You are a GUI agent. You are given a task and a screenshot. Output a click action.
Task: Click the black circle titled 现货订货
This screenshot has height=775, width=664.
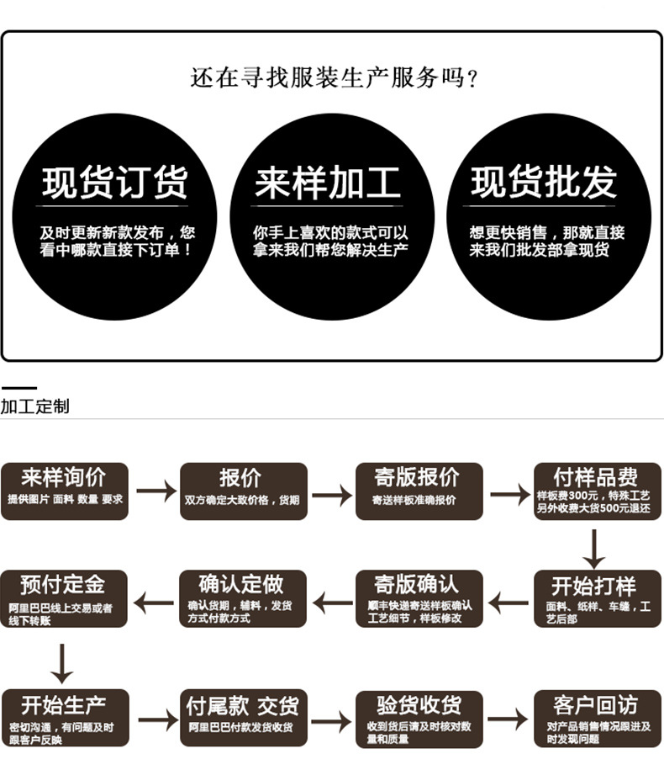click(x=115, y=217)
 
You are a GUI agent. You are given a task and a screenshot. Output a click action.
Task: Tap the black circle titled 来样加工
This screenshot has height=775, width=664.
click(x=332, y=217)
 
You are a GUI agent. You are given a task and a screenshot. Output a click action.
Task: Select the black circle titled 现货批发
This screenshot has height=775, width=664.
click(x=549, y=217)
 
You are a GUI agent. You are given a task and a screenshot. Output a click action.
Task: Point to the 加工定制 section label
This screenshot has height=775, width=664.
click(x=35, y=406)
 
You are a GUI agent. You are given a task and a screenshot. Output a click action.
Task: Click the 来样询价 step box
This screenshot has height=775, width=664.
click(x=65, y=491)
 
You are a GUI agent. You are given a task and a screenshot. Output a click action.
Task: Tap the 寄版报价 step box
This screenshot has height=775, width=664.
click(x=419, y=491)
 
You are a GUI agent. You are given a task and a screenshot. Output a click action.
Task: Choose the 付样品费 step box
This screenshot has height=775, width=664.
click(x=598, y=491)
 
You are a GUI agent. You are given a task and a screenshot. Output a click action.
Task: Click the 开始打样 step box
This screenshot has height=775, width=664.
click(x=598, y=598)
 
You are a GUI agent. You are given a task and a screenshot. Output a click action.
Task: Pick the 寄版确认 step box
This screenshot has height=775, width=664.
click(x=419, y=598)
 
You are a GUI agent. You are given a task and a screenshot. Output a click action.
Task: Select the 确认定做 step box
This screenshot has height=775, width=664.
click(x=243, y=598)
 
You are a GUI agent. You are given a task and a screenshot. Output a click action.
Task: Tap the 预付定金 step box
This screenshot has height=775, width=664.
click(x=65, y=598)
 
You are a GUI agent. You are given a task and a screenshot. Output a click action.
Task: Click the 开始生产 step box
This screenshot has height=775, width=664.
click(x=65, y=718)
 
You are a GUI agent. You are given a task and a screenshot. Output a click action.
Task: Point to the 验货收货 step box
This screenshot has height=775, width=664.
click(x=419, y=718)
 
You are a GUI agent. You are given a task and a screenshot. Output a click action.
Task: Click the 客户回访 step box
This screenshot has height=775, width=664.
click(x=598, y=718)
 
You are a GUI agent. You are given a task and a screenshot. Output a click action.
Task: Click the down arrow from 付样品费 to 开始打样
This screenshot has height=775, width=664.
click(x=594, y=549)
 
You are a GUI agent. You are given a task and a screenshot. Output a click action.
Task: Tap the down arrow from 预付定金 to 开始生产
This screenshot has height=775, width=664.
click(x=61, y=662)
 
